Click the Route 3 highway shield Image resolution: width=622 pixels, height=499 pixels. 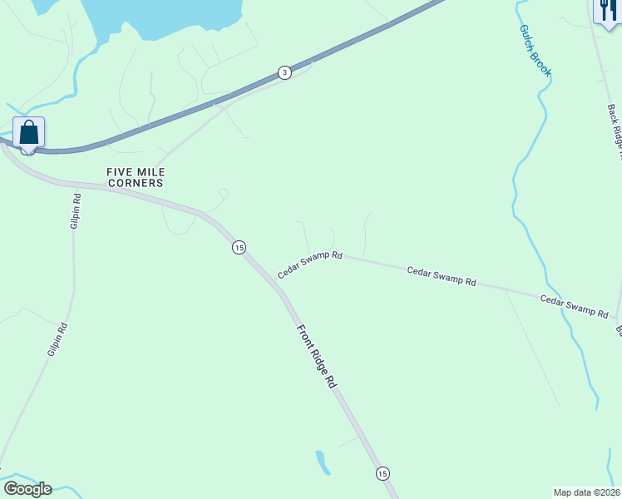coord(285,72)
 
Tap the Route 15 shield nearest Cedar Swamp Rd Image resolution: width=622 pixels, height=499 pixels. coord(239,247)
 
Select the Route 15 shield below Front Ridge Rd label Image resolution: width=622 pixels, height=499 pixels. coord(382,473)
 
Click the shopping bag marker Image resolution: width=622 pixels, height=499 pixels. coord(29,133)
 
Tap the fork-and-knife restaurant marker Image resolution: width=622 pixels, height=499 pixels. coord(607,11)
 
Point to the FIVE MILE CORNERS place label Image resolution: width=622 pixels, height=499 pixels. coord(135,176)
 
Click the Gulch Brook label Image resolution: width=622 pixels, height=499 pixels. coord(536,50)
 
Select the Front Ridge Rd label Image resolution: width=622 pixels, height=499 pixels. coord(318,356)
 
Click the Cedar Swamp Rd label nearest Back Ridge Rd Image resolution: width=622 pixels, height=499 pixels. coord(574,306)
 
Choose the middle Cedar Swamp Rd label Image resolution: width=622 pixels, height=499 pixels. coord(441,276)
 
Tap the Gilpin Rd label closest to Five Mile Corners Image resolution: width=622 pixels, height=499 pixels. coord(76,211)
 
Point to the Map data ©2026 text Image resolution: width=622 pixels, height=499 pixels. coord(586,492)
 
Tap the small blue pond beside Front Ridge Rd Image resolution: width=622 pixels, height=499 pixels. coord(322,462)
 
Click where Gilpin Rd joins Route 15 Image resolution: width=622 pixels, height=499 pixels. coord(77,186)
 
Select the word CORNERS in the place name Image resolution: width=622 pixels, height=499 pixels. coord(135,182)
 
